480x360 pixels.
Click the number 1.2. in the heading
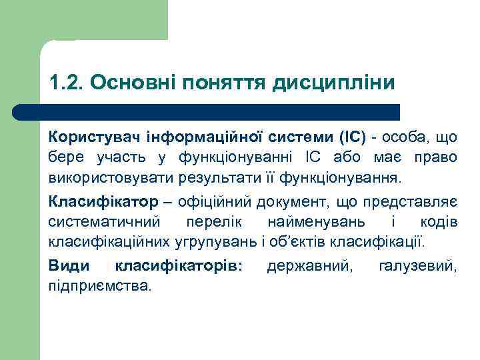tap(65, 83)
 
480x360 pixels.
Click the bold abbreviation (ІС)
tap(352, 138)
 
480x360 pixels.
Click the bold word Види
tap(68, 266)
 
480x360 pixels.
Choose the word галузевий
tap(418, 266)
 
